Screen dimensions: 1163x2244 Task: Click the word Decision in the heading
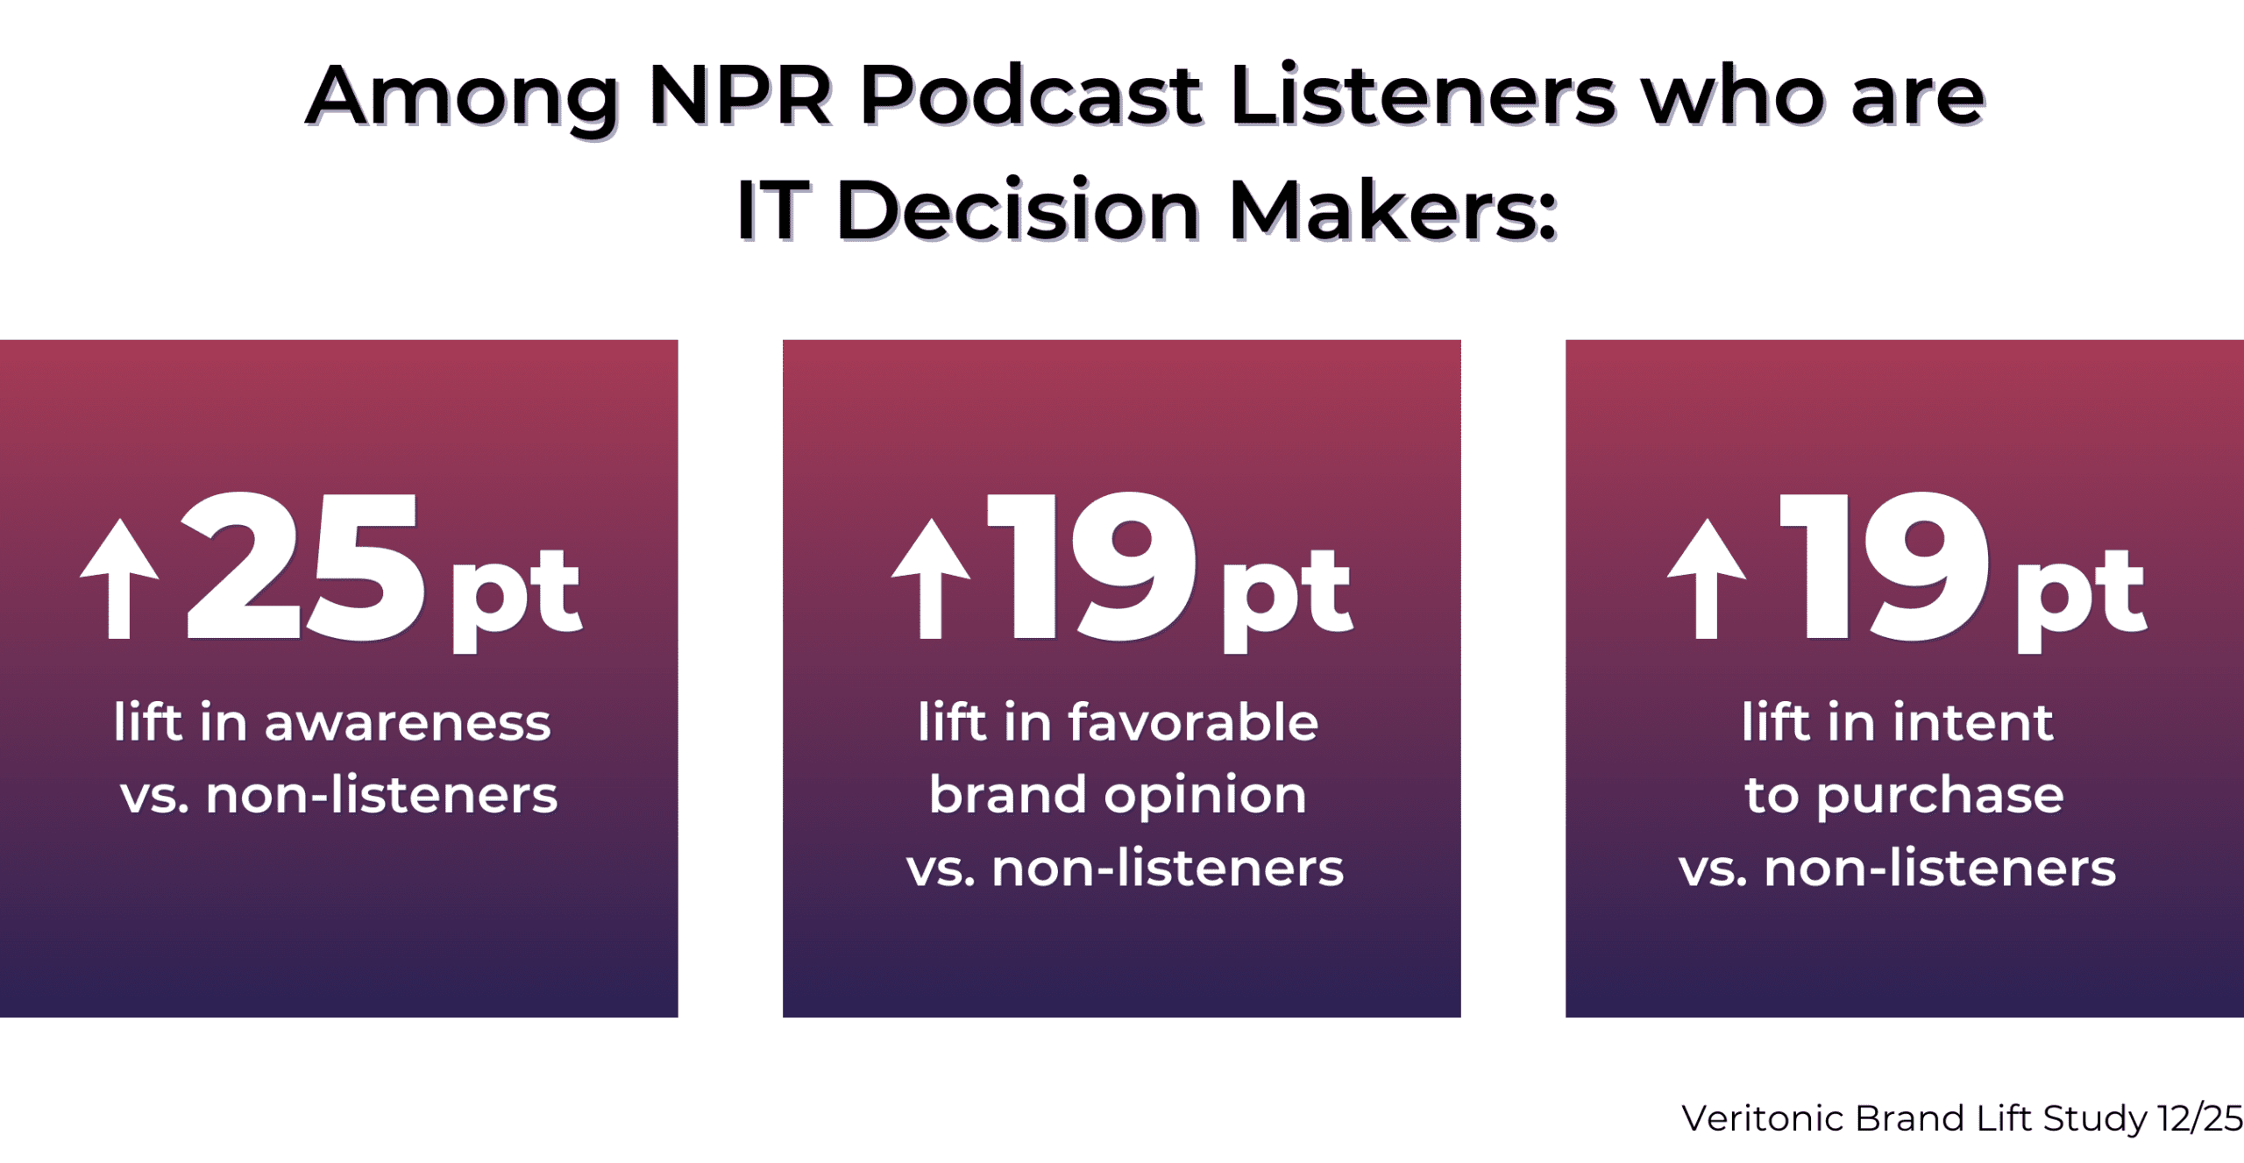click(1019, 210)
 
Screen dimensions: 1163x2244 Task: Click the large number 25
click(302, 568)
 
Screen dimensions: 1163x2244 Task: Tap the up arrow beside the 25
click(119, 578)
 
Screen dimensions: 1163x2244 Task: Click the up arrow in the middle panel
click(930, 578)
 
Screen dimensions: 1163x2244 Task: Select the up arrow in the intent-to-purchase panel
click(1706, 578)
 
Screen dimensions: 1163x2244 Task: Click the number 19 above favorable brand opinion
click(1092, 568)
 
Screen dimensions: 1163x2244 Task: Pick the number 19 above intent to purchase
click(1885, 568)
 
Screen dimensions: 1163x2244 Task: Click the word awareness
click(408, 724)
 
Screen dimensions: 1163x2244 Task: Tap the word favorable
click(1192, 724)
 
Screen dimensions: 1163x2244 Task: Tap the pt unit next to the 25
click(515, 596)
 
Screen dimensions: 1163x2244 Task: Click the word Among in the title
click(463, 96)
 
